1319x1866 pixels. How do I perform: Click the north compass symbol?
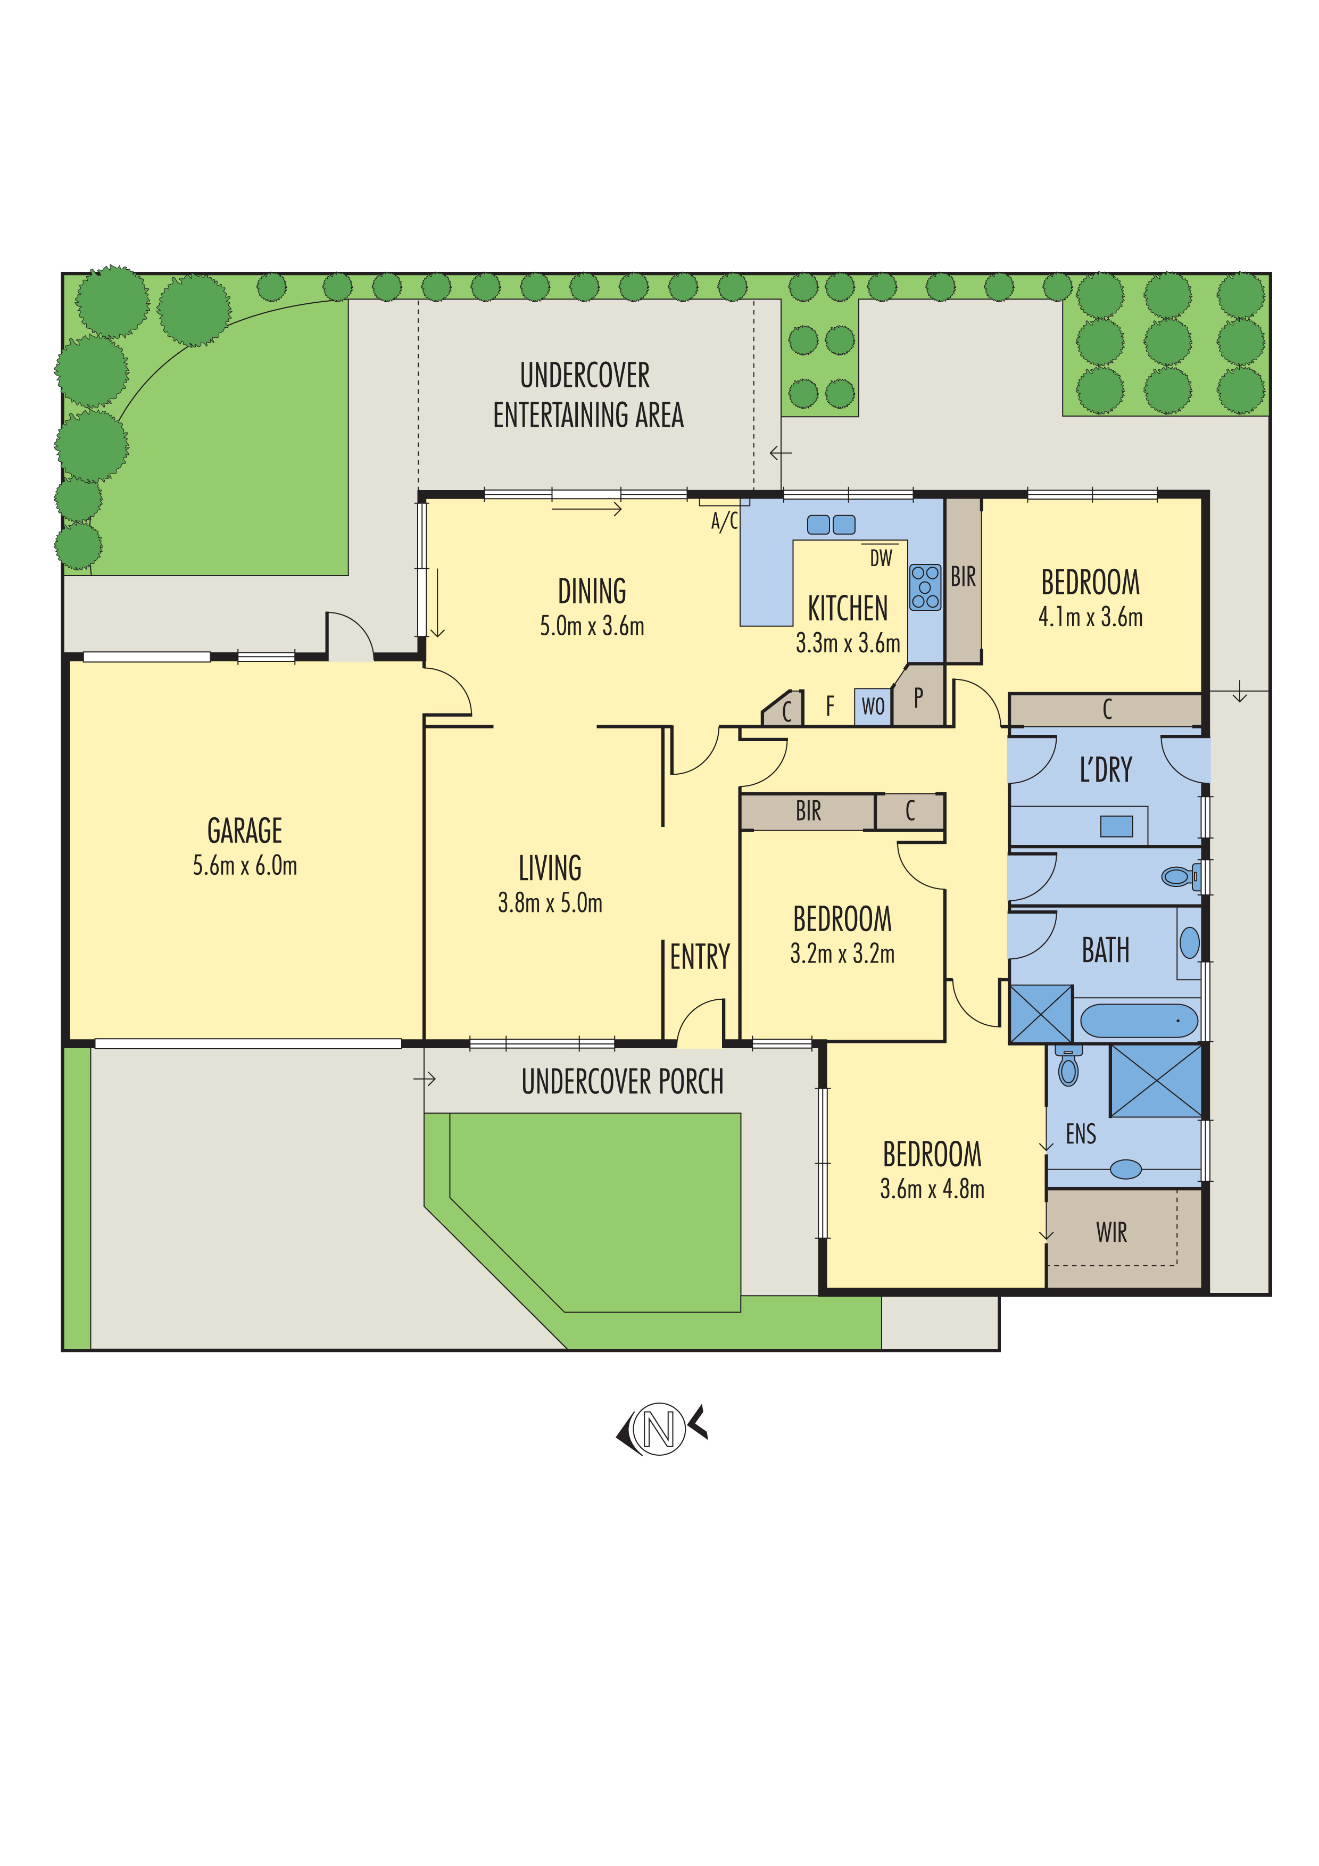(x=659, y=1429)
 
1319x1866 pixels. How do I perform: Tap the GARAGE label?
(x=245, y=831)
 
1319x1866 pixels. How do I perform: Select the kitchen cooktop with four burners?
(x=925, y=587)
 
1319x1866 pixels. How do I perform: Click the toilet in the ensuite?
(x=1069, y=1068)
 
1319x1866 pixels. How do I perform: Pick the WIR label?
(x=1111, y=1233)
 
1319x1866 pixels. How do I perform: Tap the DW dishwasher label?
(x=881, y=558)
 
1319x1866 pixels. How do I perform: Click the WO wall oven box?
(x=873, y=706)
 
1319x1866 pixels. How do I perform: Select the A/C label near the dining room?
(x=724, y=521)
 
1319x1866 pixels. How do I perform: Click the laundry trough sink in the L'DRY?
(x=1116, y=826)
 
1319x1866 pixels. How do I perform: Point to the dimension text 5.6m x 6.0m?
(x=245, y=866)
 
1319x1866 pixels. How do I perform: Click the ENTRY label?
(x=700, y=957)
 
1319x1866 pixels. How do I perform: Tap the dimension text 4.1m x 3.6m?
(x=1090, y=618)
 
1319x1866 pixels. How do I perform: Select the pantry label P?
(x=918, y=696)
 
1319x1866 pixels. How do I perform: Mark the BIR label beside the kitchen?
(x=963, y=577)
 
